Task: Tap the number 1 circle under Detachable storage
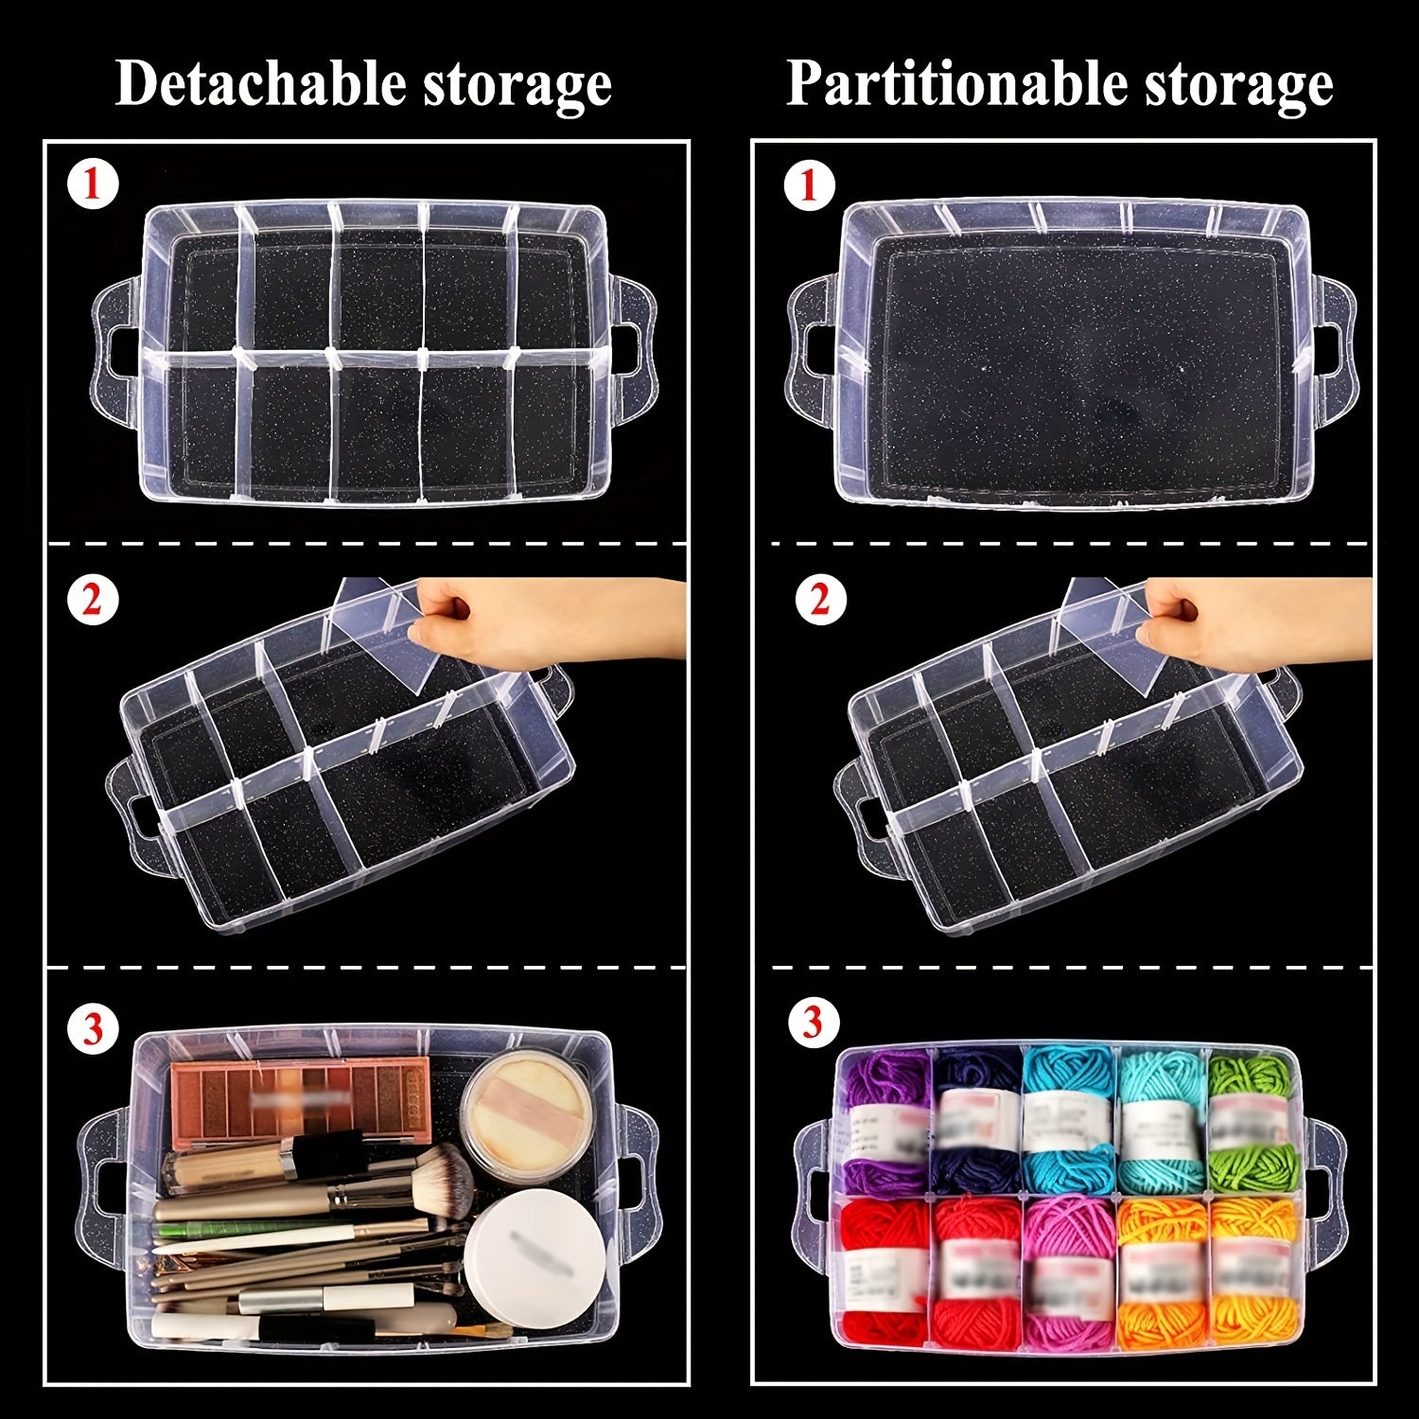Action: click(93, 184)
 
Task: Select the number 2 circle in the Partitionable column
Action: click(810, 601)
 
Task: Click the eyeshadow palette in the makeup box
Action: click(300, 1096)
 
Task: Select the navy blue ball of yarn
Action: click(974, 1121)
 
